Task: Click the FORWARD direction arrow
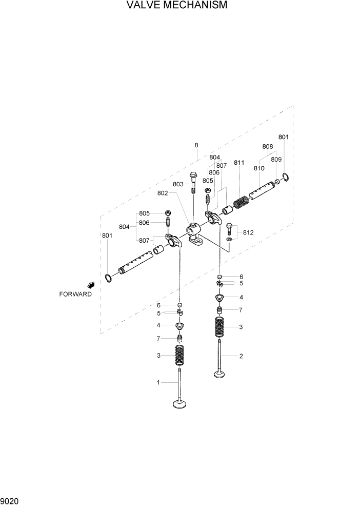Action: [x=91, y=284]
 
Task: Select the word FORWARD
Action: [x=75, y=295]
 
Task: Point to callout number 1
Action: [x=158, y=382]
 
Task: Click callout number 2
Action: [x=241, y=356]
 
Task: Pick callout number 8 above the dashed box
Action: [x=196, y=145]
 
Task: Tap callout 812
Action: [x=248, y=232]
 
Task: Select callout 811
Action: [x=239, y=163]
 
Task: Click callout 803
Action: [x=178, y=184]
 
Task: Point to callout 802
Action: [x=163, y=193]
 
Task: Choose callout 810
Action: [x=258, y=168]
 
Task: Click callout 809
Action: [x=276, y=160]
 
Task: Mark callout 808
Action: [x=267, y=146]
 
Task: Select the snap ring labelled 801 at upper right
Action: [x=286, y=178]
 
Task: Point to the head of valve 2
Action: [x=220, y=374]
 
